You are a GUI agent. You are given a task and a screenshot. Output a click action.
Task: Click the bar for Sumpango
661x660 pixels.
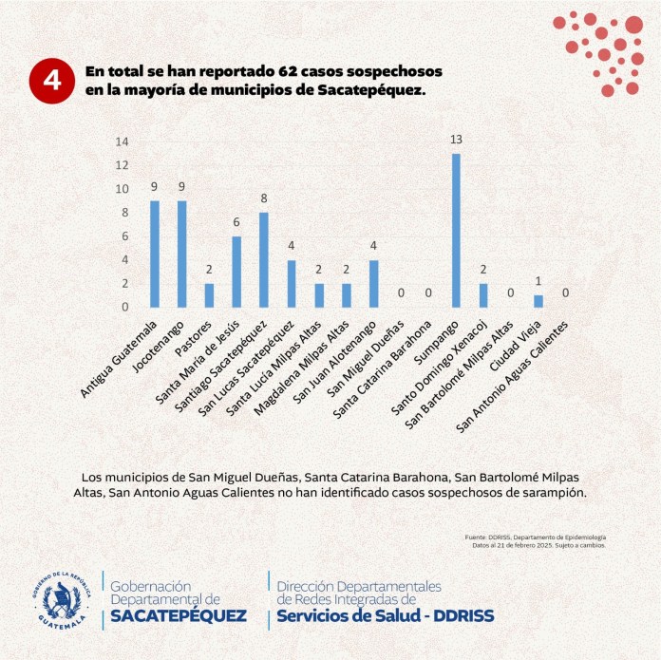pos(456,230)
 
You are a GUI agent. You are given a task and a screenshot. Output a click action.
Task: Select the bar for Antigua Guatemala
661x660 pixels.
pos(154,254)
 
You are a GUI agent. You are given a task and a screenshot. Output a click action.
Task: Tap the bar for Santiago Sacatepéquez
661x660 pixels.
pos(264,259)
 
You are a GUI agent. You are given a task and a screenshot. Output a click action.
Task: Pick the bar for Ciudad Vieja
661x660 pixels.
pos(538,301)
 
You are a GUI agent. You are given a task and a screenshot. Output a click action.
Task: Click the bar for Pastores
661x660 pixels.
pos(209,295)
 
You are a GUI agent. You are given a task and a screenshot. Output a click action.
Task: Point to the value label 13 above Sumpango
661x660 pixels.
pos(456,140)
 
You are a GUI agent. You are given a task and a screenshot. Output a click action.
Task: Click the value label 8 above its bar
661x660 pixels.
pos(264,198)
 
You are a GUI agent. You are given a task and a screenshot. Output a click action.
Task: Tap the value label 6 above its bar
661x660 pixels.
pos(236,222)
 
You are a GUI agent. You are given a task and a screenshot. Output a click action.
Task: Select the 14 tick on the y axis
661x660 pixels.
pos(122,141)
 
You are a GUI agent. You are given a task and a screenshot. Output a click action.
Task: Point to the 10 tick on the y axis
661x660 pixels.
pos(122,189)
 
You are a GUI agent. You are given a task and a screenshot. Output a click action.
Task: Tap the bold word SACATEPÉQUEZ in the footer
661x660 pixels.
pos(179,615)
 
